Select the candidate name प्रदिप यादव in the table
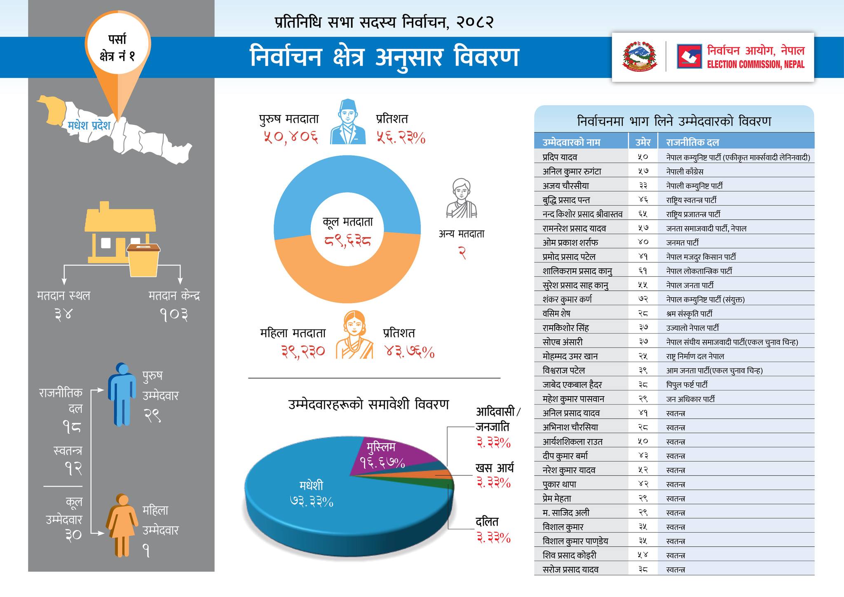click(x=560, y=157)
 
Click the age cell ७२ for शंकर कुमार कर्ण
click(x=643, y=299)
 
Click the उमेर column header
click(x=642, y=142)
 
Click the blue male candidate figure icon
click(x=122, y=394)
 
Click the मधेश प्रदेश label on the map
click(x=89, y=125)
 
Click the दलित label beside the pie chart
click(x=487, y=522)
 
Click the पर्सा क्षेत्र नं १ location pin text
click(x=117, y=48)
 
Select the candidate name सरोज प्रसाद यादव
click(x=570, y=569)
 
